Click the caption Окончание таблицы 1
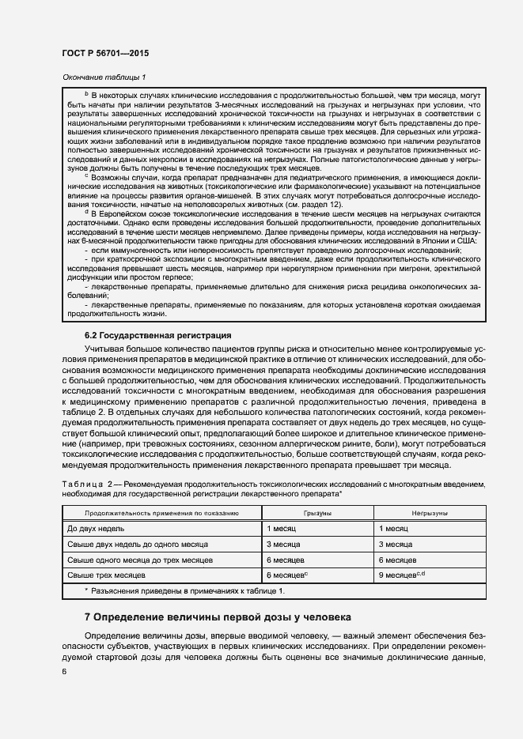[104, 77]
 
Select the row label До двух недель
[96, 528]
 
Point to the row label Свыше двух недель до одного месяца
[138, 545]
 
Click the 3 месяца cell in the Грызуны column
[283, 545]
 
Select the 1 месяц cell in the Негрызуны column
[394, 528]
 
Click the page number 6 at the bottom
[64, 671]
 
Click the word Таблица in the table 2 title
[83, 484]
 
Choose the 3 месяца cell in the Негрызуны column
[396, 545]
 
